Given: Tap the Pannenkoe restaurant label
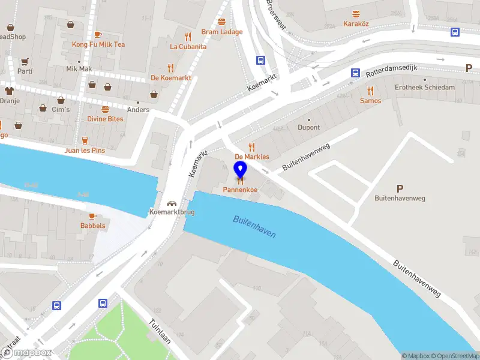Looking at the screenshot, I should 241,190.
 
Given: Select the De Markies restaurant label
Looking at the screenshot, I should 251,157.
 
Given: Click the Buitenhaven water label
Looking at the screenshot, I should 254,227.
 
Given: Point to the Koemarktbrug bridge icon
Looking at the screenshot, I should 172,203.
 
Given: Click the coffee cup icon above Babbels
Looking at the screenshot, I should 92,215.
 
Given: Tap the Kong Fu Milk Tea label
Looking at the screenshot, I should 98,44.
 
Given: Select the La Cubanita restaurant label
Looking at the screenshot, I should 188,46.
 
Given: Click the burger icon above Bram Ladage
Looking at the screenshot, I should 222,22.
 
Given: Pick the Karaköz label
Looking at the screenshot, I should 356,24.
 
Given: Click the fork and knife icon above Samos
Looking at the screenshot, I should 370,91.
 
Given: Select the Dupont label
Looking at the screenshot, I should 309,128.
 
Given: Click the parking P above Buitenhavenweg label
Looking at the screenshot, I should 400,188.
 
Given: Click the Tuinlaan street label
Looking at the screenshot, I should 160,331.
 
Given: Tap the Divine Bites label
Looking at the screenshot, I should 105,119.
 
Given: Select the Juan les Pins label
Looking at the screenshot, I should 85,150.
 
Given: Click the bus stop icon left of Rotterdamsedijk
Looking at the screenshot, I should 355,73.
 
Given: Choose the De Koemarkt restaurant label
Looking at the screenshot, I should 170,77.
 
